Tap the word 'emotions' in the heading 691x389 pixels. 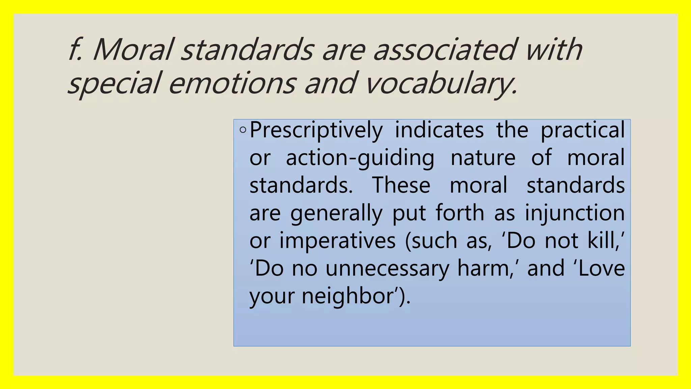tap(232, 83)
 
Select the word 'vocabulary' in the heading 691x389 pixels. tap(441, 83)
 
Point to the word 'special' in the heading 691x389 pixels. tap(113, 83)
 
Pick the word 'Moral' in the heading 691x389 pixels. tap(133, 50)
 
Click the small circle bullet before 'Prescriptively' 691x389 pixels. tap(243, 130)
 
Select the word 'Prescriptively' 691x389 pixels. tap(316, 130)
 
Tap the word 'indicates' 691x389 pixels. tap(439, 130)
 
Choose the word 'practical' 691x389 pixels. tap(583, 130)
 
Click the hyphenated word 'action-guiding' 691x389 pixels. tap(360, 158)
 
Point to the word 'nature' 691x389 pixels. tap(483, 158)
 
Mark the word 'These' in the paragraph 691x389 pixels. tap(401, 185)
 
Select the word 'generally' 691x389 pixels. tap(336, 213)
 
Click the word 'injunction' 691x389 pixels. tap(575, 213)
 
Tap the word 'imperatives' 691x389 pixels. tap(337, 241)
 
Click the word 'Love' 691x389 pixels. tap(602, 268)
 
